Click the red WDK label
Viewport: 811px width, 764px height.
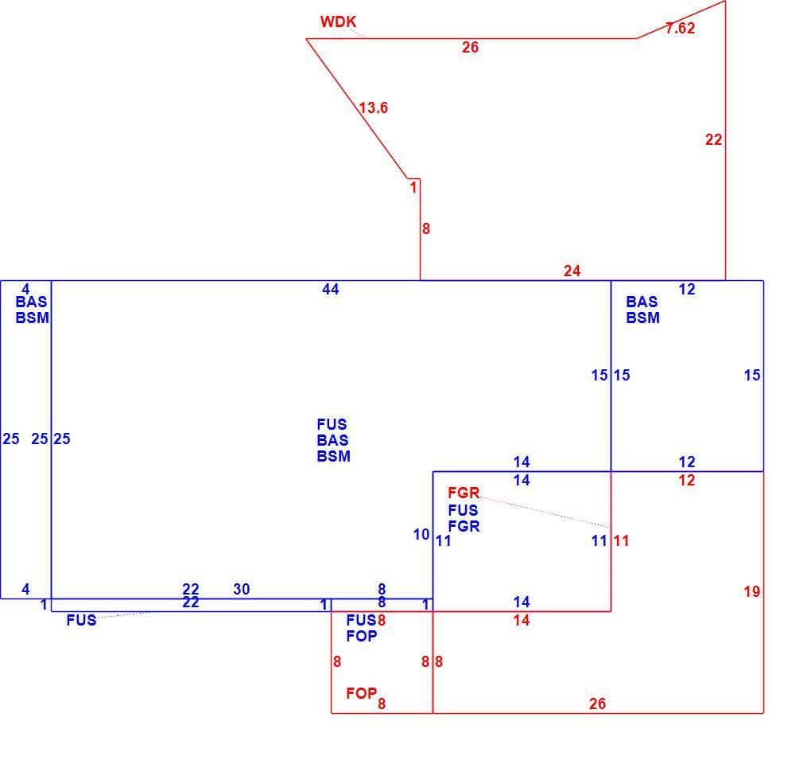(x=338, y=21)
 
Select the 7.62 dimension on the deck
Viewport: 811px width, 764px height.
(x=680, y=28)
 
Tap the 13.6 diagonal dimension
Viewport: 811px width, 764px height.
(x=374, y=107)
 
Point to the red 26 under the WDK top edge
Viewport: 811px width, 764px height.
(x=470, y=48)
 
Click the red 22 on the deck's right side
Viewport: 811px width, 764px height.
(x=714, y=140)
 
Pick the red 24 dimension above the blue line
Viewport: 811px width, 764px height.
(x=572, y=271)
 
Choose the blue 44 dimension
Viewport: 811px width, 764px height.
(x=331, y=290)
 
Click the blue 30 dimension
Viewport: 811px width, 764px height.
(x=242, y=589)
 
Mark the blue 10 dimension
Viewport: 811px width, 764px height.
(x=421, y=534)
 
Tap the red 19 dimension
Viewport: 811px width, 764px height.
(x=752, y=591)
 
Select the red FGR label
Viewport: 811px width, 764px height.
(x=464, y=493)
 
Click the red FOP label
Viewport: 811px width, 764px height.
(x=362, y=693)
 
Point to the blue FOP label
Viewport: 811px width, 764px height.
(x=362, y=636)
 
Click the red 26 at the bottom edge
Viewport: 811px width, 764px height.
(x=597, y=704)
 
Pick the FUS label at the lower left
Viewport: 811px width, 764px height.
(x=81, y=620)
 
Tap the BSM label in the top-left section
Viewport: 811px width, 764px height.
(x=32, y=318)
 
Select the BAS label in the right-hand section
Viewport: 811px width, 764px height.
(x=642, y=302)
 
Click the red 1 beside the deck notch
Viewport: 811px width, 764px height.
(x=413, y=187)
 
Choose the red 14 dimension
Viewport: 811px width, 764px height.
(x=522, y=620)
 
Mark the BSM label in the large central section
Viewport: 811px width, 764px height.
(x=334, y=456)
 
